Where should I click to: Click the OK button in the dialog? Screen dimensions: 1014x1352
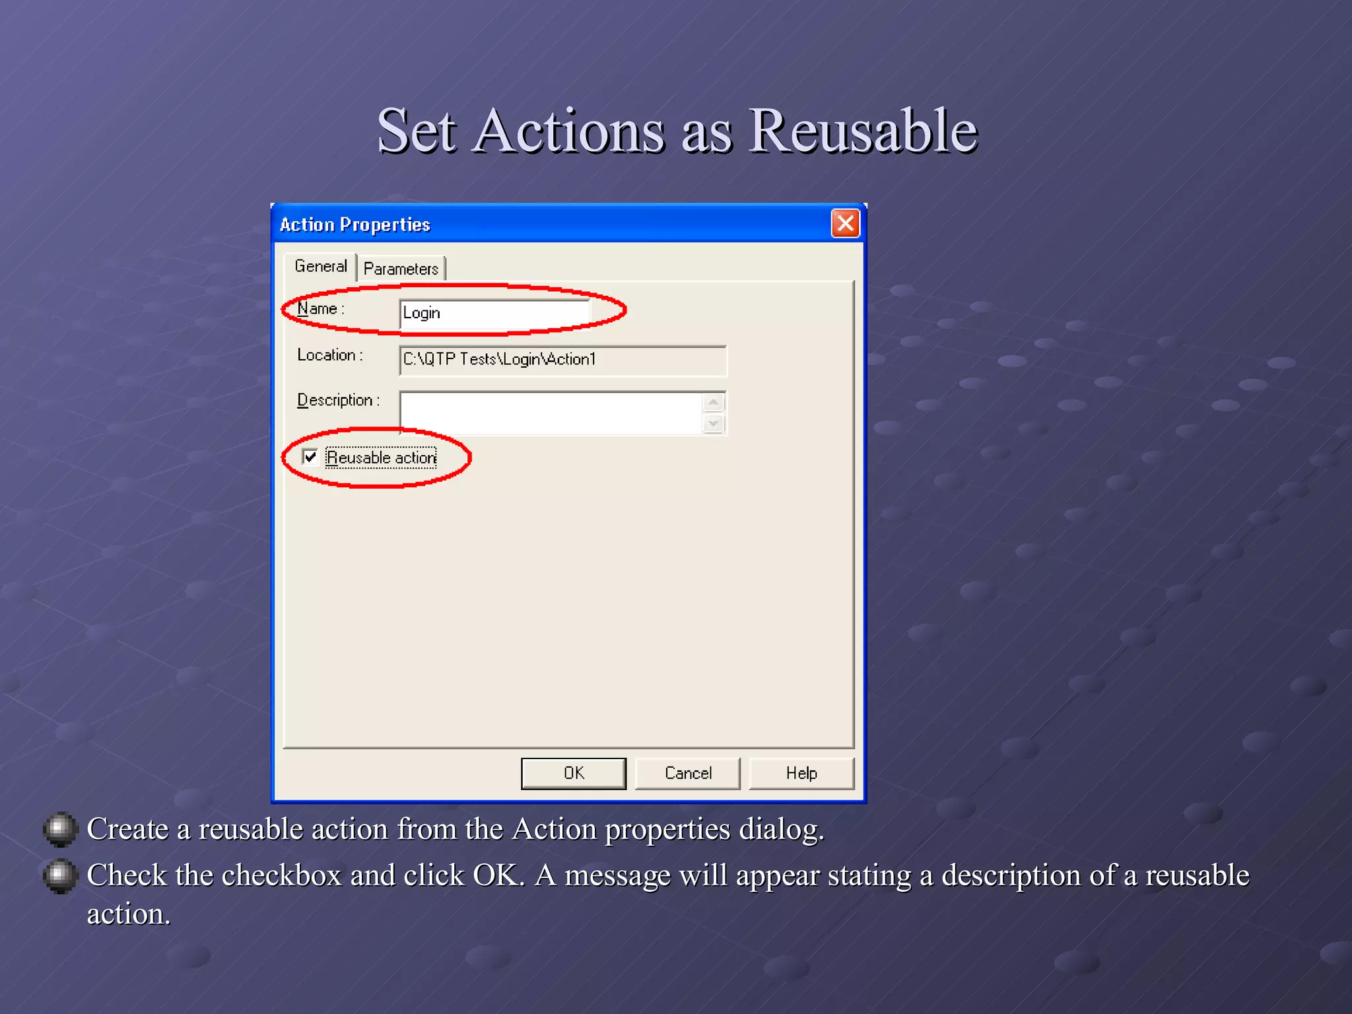point(573,773)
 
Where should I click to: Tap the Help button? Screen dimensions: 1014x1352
point(801,773)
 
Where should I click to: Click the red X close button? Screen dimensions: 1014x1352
point(845,223)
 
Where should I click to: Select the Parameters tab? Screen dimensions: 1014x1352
point(401,269)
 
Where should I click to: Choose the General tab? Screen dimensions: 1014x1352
point(320,266)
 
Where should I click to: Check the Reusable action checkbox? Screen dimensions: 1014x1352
point(310,457)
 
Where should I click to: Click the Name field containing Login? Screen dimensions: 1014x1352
point(494,313)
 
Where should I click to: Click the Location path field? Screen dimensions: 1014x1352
point(562,360)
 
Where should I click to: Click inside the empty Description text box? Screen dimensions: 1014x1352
point(551,413)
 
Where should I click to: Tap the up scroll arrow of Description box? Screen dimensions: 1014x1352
point(714,402)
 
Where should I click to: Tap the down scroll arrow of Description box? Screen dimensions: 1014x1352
point(714,423)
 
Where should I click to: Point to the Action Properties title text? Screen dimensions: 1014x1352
point(355,224)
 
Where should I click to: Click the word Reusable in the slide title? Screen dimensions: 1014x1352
point(863,131)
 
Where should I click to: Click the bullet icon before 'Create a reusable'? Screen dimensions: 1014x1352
point(60,828)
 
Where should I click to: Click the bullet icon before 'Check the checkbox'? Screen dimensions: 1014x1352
point(60,875)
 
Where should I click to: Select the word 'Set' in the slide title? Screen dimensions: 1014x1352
point(417,131)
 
